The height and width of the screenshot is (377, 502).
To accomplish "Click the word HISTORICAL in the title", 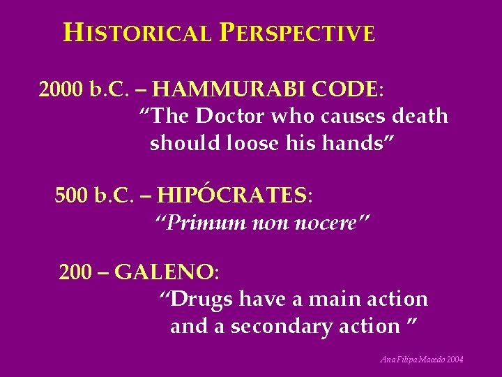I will point(137,34).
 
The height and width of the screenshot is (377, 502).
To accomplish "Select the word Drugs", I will point(201,300).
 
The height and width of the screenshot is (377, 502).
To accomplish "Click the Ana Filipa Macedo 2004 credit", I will point(422,360).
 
